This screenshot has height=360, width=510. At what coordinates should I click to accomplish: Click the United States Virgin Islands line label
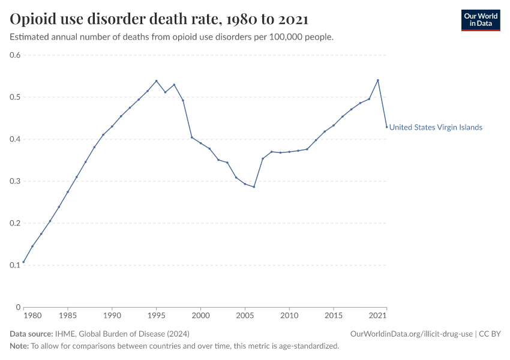[x=436, y=127]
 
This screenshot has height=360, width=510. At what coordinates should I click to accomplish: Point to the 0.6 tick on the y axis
[x=15, y=55]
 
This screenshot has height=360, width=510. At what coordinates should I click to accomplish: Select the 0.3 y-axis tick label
[x=15, y=181]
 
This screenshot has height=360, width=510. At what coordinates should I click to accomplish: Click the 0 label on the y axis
[x=19, y=307]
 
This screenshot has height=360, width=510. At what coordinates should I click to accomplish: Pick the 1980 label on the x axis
[x=32, y=315]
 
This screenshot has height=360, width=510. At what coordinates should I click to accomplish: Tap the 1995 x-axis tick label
[x=156, y=315]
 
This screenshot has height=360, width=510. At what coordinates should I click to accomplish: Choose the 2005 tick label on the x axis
[x=245, y=315]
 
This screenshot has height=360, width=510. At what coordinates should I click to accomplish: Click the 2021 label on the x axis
[x=378, y=315]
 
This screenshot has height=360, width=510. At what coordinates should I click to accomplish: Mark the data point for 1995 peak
[x=156, y=80]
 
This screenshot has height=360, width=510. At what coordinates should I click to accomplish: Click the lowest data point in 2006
[x=254, y=187]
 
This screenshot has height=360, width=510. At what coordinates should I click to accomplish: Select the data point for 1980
[x=23, y=262]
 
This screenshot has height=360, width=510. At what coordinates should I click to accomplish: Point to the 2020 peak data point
[x=378, y=80]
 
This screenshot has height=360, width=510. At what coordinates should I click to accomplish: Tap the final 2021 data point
[x=386, y=127]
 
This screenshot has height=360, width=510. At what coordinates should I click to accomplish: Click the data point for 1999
[x=191, y=137]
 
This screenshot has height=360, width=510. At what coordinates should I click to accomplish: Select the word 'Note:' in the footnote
[x=19, y=346]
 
